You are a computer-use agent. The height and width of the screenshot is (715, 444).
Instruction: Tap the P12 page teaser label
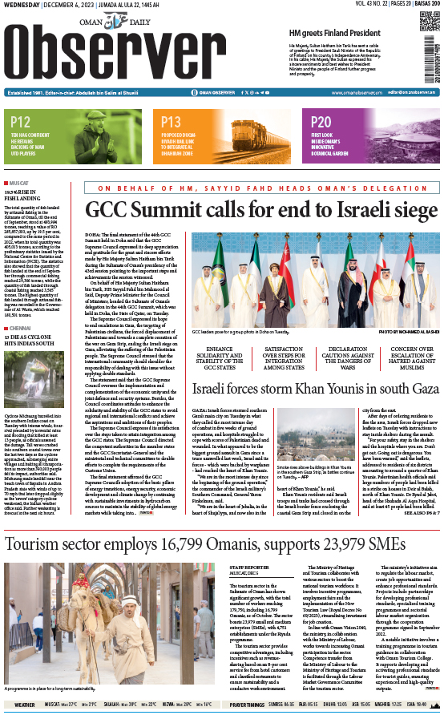click(x=22, y=122)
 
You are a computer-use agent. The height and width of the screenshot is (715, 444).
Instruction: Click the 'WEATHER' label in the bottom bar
click(x=24, y=705)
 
